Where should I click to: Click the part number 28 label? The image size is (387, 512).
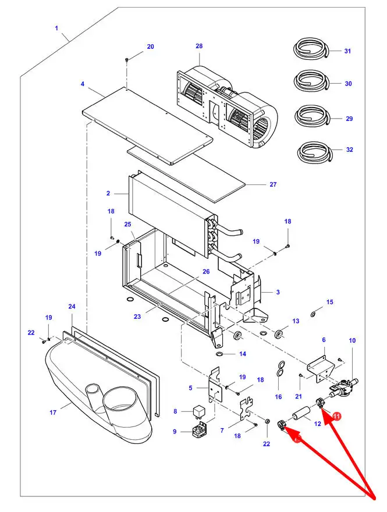(x=199, y=46)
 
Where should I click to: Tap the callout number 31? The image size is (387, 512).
(x=347, y=51)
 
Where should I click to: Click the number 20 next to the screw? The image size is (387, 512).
(x=150, y=47)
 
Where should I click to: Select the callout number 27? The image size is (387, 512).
(x=273, y=184)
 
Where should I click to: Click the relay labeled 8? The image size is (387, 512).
(x=197, y=412)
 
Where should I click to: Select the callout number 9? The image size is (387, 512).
(x=175, y=432)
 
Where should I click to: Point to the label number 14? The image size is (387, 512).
(x=243, y=354)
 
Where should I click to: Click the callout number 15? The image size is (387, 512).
(x=330, y=302)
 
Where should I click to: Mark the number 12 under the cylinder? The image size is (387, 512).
(x=318, y=424)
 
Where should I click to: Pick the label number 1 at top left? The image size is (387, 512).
(x=57, y=28)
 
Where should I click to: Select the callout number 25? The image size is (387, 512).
(x=128, y=225)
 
